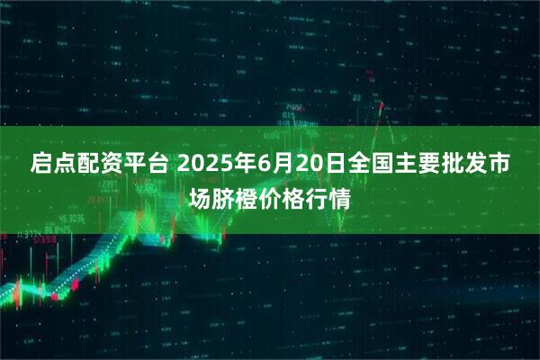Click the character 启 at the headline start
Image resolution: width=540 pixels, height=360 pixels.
click(x=42, y=166)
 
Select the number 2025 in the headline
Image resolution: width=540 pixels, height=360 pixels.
click(x=202, y=166)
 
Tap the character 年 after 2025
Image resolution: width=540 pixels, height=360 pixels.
click(x=240, y=166)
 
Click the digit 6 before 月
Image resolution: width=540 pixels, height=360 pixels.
click(x=259, y=166)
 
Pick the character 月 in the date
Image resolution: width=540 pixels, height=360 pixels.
click(x=277, y=166)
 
